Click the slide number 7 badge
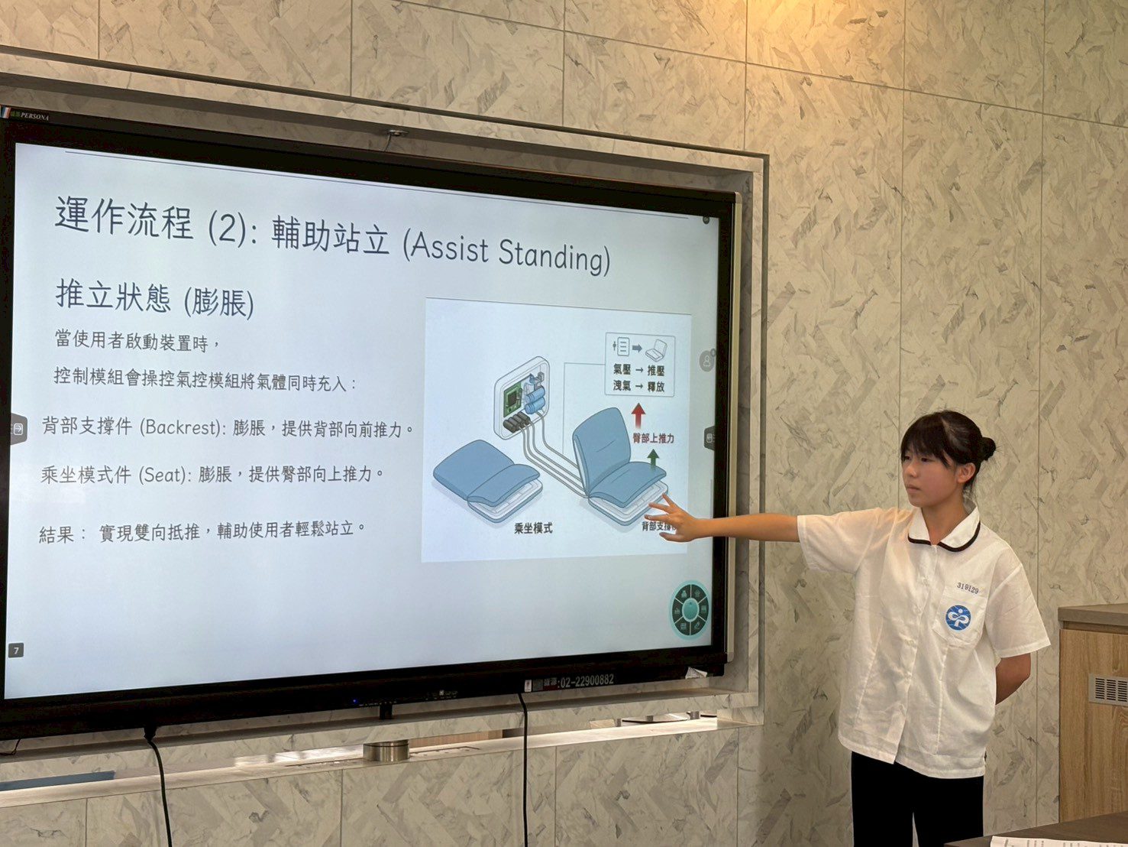(x=15, y=650)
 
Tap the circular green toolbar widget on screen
(x=691, y=609)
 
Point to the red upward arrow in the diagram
(x=638, y=415)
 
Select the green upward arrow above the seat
(x=652, y=458)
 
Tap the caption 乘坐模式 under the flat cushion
(x=533, y=528)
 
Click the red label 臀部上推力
(x=653, y=439)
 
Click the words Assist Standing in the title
(x=507, y=251)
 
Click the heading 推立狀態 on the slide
(x=113, y=295)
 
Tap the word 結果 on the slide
(x=57, y=534)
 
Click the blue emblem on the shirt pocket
(x=958, y=617)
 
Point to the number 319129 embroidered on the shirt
(x=967, y=588)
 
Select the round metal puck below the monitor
(x=386, y=750)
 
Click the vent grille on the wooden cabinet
(x=1107, y=689)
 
